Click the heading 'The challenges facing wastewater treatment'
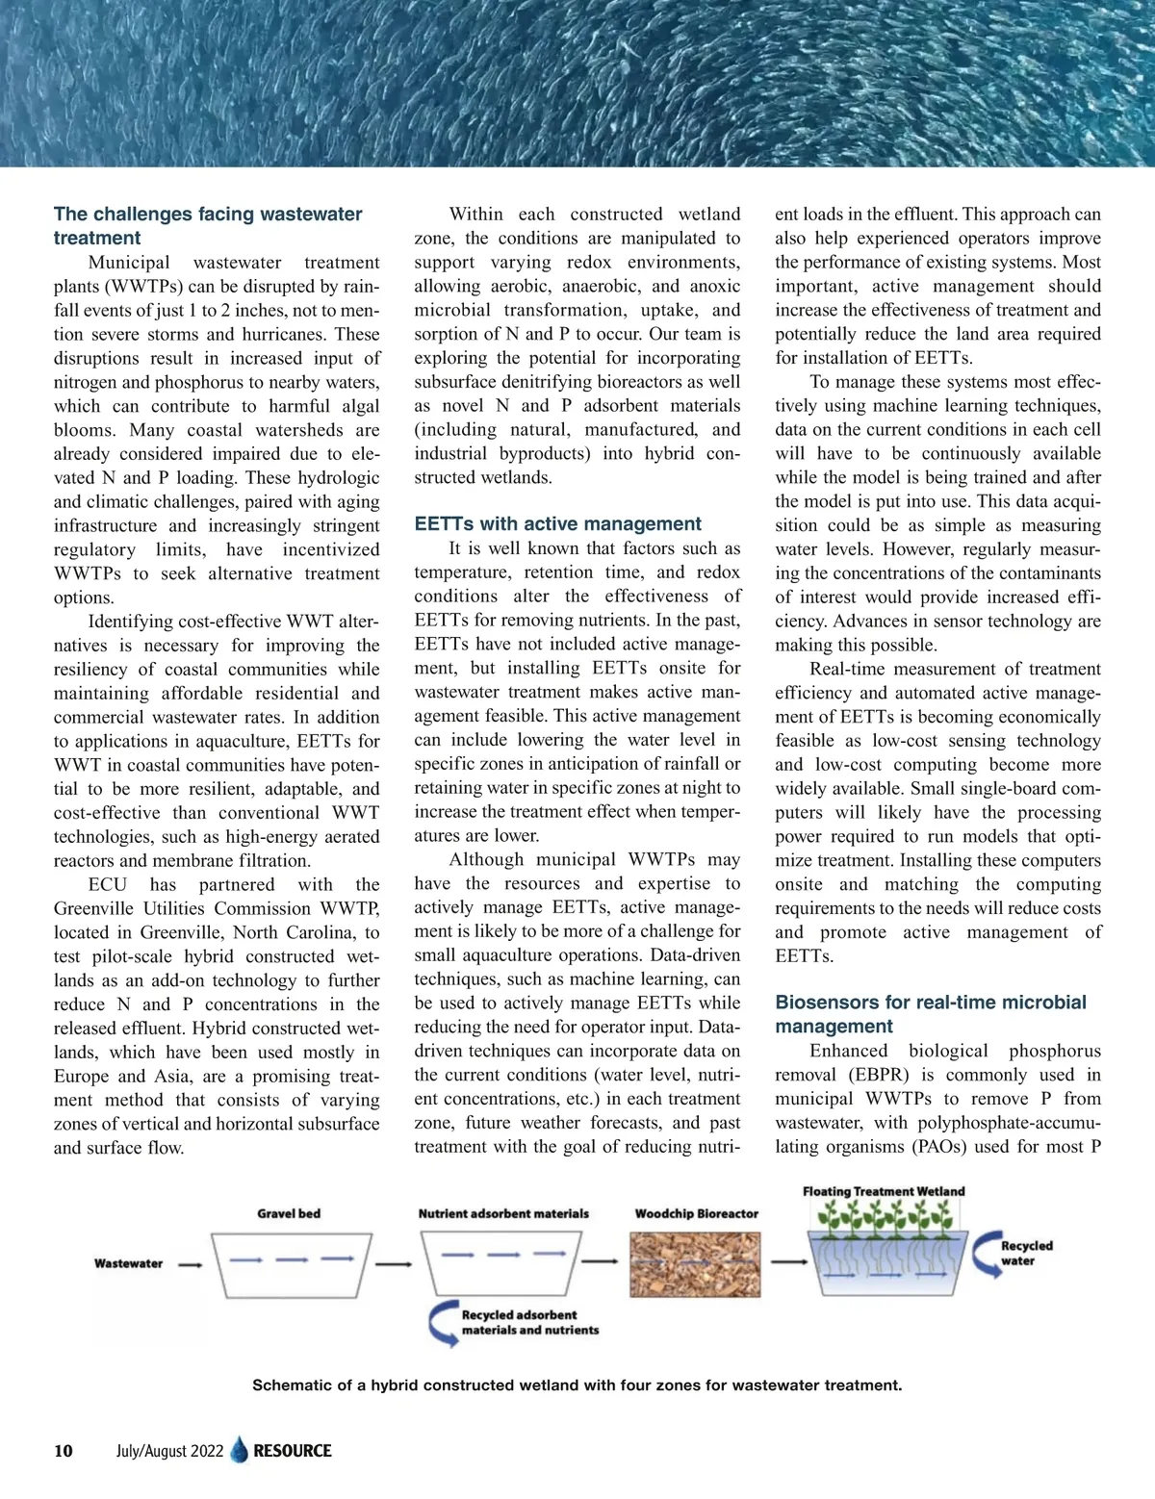coord(208,226)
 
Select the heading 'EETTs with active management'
coord(557,524)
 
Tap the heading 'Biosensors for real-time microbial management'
coord(930,1014)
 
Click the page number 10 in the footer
coord(64,1451)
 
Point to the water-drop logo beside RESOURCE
coord(239,1451)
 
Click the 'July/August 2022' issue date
coord(169,1451)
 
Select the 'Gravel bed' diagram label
coord(289,1213)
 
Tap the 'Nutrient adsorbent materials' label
coord(503,1213)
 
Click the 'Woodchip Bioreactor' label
coord(696,1213)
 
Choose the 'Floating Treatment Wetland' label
coord(884,1191)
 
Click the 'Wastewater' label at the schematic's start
coord(128,1263)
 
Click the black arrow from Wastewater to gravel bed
coord(191,1264)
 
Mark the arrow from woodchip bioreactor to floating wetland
coord(789,1261)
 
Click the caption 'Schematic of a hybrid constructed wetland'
coord(577,1385)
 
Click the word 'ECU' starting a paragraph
coord(107,884)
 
